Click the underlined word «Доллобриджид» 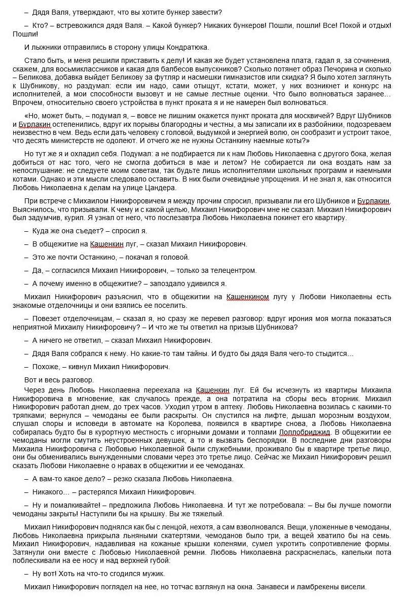click(x=305, y=432)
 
